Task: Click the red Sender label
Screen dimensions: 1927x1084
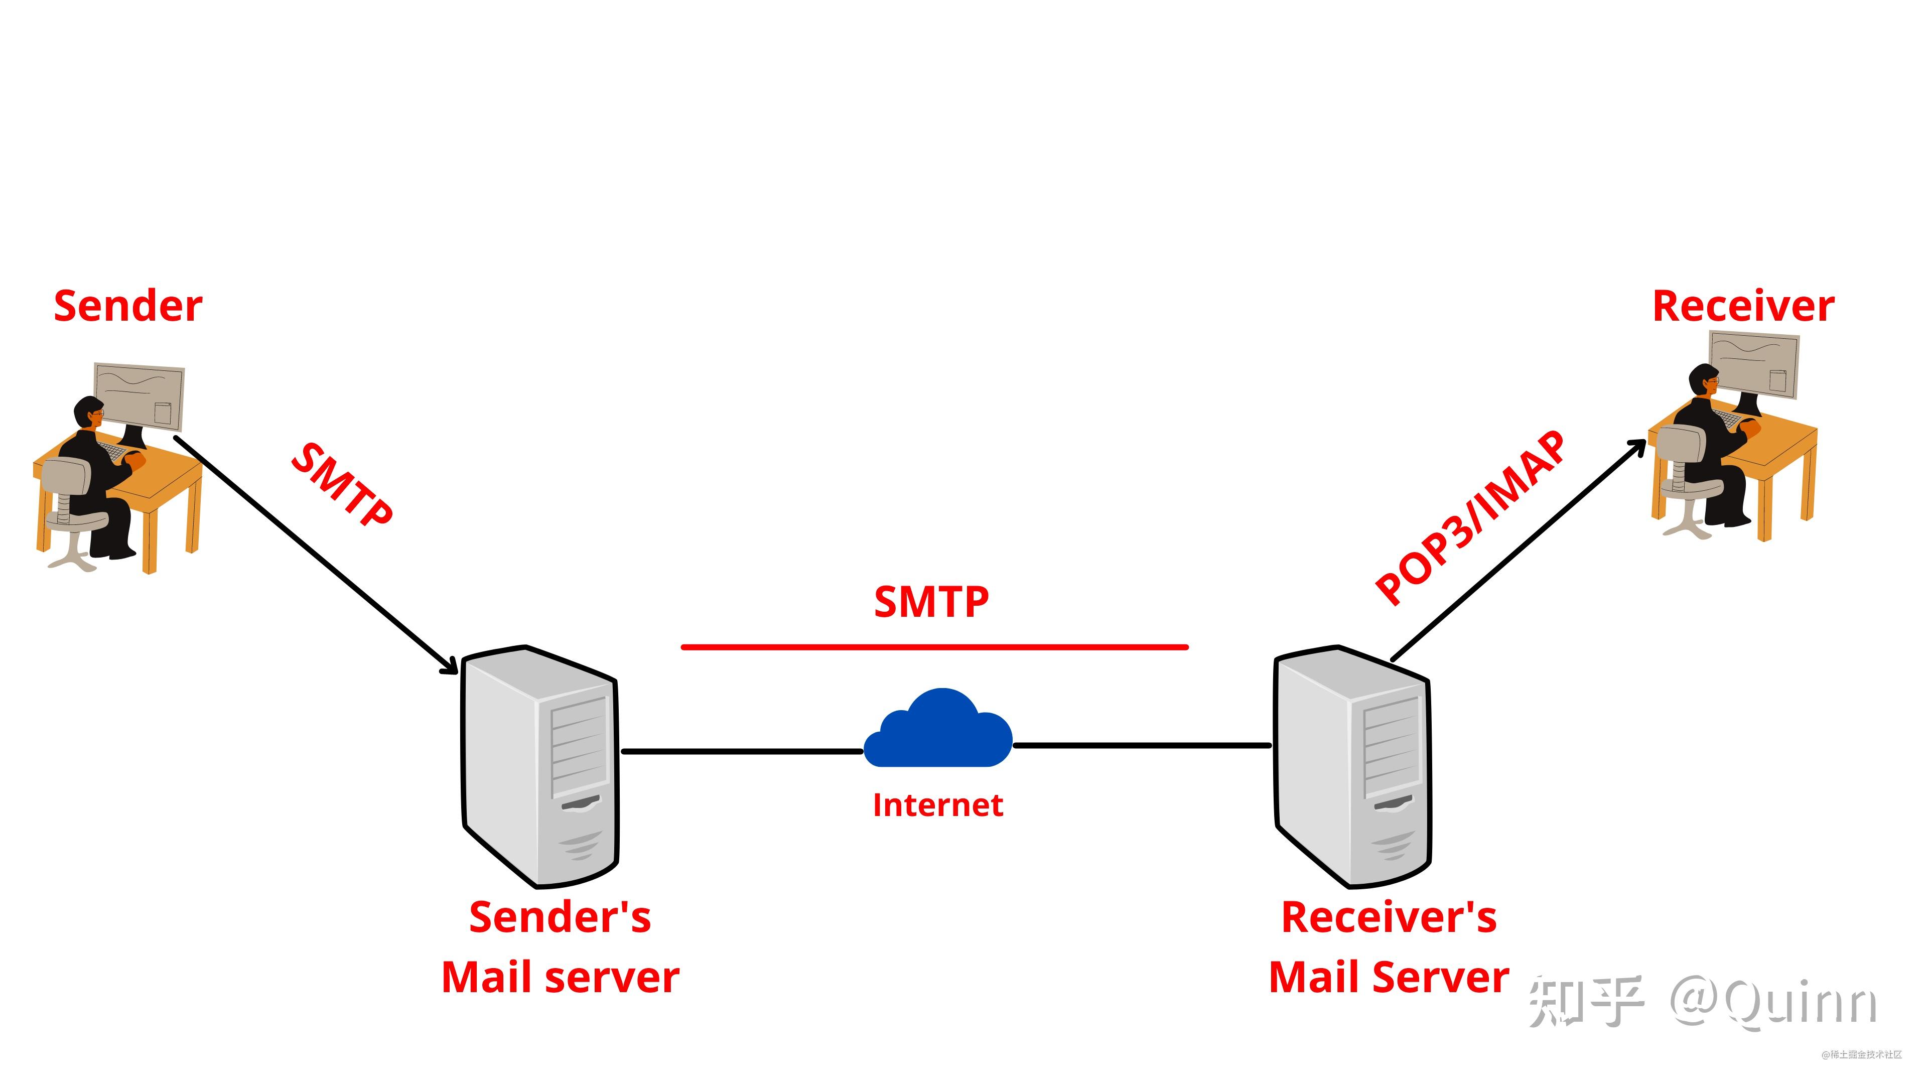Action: click(128, 307)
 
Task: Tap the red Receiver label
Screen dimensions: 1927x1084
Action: click(1743, 307)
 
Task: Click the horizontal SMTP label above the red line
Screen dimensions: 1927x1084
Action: click(931, 602)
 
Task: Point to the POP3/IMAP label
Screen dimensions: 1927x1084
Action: click(1470, 518)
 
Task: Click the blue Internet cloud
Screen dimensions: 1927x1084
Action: click(938, 728)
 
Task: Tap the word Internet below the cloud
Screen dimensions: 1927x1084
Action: click(938, 805)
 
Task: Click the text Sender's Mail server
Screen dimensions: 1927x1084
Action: click(561, 947)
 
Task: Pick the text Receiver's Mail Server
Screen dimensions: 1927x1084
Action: click(1389, 947)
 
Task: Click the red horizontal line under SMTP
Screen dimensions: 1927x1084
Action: click(934, 647)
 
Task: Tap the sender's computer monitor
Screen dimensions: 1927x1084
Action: click(139, 396)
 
